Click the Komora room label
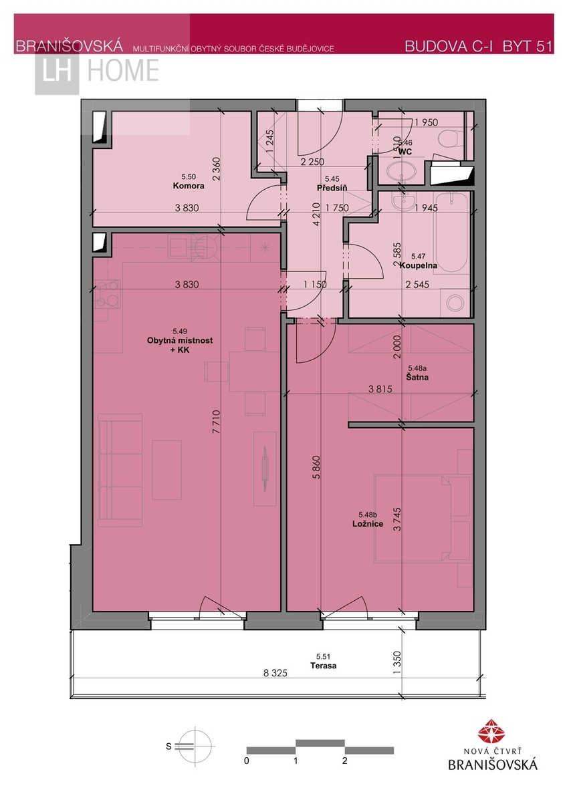pyautogui.click(x=189, y=186)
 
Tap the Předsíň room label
pyautogui.click(x=332, y=188)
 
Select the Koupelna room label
pyautogui.click(x=418, y=265)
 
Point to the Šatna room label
pyautogui.click(x=417, y=377)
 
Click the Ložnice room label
pyautogui.click(x=368, y=523)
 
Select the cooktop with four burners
pyautogui.click(x=107, y=294)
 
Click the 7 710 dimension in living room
pyautogui.click(x=216, y=422)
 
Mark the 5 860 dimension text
pyautogui.click(x=317, y=467)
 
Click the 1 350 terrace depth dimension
pyautogui.click(x=397, y=662)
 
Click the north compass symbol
pyautogui.click(x=195, y=747)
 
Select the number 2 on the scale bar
pyautogui.click(x=344, y=761)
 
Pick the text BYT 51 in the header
pyautogui.click(x=528, y=47)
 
